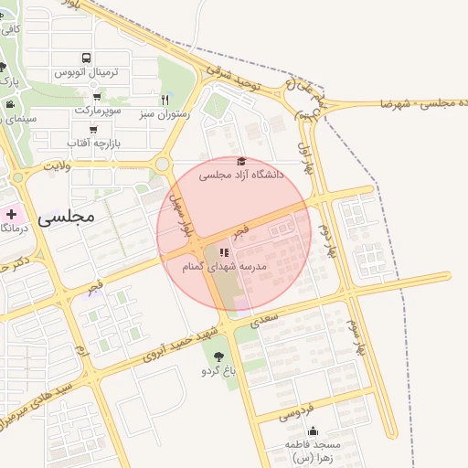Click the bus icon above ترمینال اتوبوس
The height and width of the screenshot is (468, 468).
click(x=86, y=57)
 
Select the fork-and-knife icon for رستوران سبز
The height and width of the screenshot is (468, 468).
click(x=165, y=99)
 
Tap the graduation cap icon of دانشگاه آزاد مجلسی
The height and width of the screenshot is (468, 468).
click(x=241, y=161)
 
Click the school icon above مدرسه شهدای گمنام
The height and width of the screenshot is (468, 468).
click(x=224, y=252)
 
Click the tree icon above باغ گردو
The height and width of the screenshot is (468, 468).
click(x=218, y=356)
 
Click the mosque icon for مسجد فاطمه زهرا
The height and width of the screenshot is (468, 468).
click(x=314, y=431)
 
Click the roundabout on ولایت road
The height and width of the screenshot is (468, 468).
click(x=163, y=165)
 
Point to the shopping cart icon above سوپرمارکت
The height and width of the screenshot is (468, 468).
click(x=97, y=96)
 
